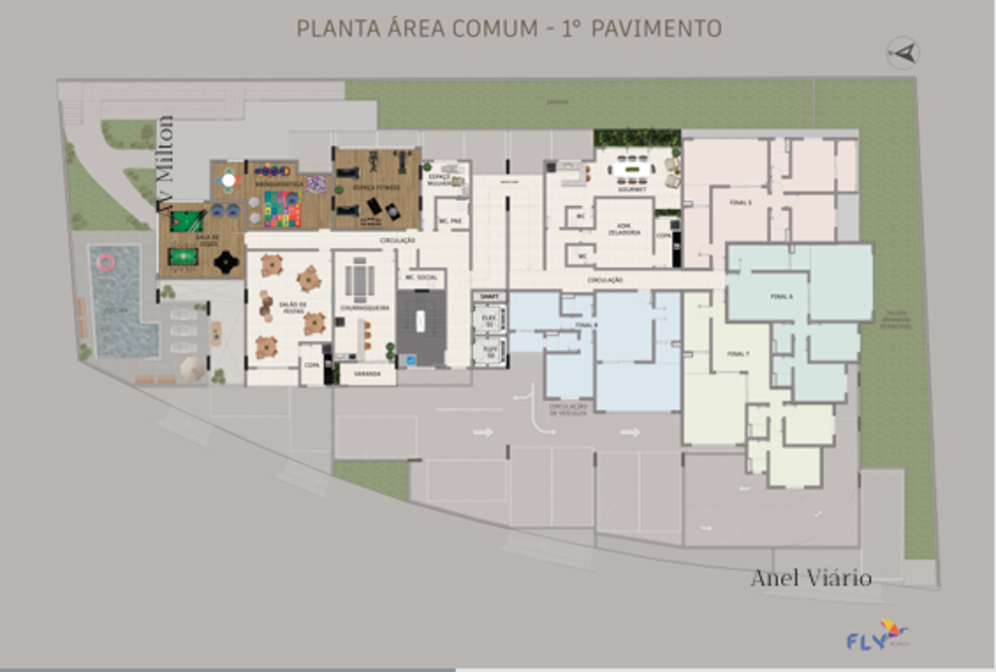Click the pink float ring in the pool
(x=106, y=262)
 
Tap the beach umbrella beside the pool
(x=192, y=368)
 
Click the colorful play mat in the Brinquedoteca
(x=282, y=210)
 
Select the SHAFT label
(x=488, y=297)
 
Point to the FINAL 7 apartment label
(x=737, y=353)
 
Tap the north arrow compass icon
(x=902, y=52)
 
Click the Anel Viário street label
(x=812, y=578)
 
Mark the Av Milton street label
(x=165, y=163)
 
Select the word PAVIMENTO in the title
(x=656, y=27)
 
